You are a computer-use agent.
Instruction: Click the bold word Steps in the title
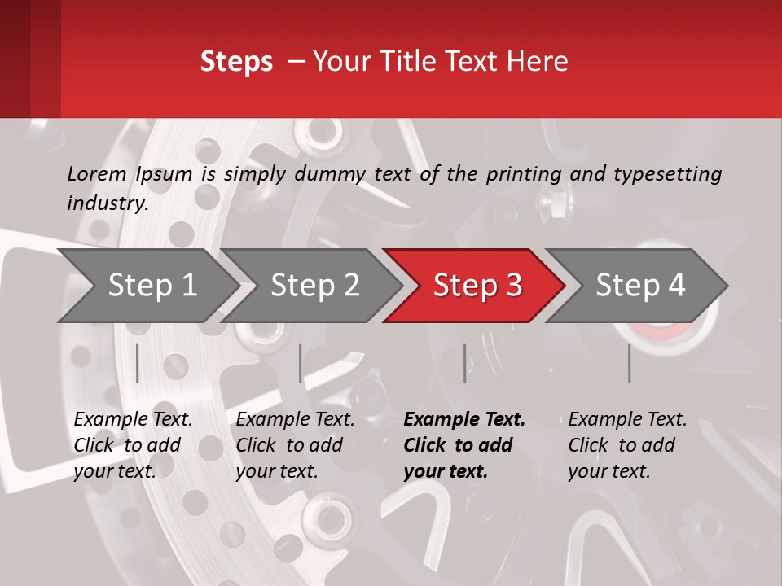point(236,62)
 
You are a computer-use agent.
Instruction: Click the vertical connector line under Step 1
point(138,363)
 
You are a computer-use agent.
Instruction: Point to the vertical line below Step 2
point(301,363)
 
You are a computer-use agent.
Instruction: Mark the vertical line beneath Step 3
point(465,363)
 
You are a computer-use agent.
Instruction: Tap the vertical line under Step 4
point(630,363)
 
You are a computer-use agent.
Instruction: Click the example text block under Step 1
point(133,445)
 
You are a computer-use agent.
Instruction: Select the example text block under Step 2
point(295,445)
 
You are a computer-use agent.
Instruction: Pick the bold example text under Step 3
point(464,445)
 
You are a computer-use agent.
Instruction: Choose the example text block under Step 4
point(627,445)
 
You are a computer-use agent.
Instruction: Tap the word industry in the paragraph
point(108,203)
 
